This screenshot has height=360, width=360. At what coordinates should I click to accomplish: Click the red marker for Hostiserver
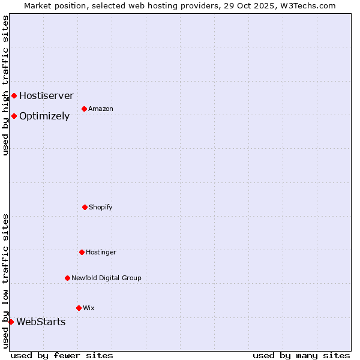tap(14, 95)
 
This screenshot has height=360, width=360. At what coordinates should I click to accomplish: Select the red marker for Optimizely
tap(14, 116)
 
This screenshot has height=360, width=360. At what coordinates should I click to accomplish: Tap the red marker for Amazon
tap(84, 109)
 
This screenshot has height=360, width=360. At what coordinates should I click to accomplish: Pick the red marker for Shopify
tap(85, 207)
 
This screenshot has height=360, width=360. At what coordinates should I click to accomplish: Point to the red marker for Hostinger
tap(82, 252)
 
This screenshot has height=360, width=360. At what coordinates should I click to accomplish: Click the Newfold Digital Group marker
tap(67, 278)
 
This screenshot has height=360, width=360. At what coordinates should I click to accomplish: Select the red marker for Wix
tap(79, 308)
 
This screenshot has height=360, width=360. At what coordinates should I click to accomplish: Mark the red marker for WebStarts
tap(11, 322)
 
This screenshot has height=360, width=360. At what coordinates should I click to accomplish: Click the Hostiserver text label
tap(46, 95)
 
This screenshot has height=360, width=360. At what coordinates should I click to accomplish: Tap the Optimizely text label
tap(44, 116)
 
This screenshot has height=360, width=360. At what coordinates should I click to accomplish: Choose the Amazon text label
tap(101, 109)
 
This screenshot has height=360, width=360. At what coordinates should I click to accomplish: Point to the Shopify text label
tap(101, 207)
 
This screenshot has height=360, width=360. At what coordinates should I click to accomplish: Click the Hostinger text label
tap(101, 252)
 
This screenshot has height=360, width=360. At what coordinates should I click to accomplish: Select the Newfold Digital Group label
tap(106, 278)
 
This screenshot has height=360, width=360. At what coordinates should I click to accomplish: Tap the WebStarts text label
tap(41, 322)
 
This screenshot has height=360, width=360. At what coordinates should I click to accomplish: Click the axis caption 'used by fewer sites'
tap(62, 355)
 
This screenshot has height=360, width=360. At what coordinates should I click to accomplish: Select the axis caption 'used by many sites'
tap(301, 355)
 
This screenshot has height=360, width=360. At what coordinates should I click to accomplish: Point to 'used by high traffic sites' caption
tap(5, 85)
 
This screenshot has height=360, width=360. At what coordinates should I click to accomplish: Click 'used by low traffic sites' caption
tap(5, 280)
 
